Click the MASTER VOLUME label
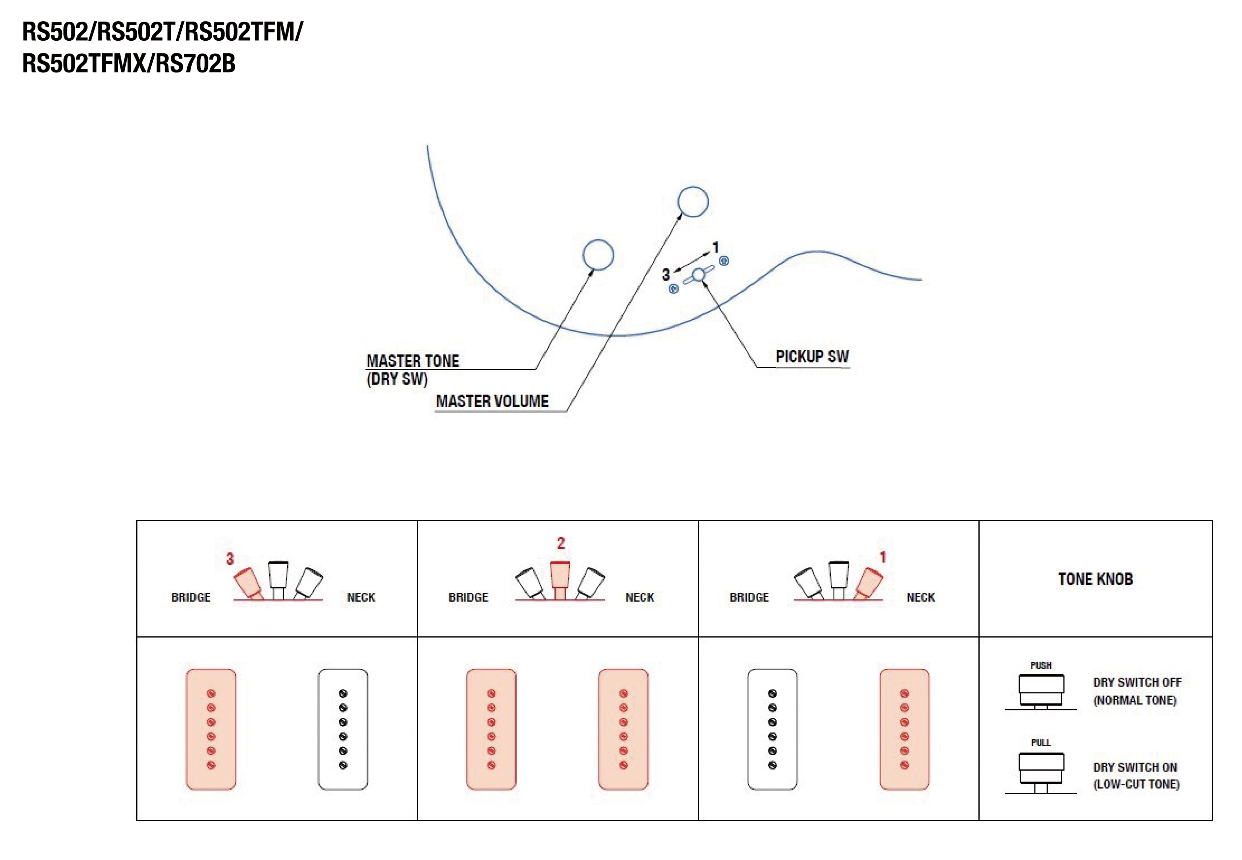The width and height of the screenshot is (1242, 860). (x=492, y=401)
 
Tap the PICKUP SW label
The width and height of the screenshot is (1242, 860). (x=812, y=357)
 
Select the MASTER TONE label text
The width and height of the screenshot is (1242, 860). (x=413, y=361)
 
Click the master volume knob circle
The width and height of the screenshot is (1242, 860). (x=692, y=201)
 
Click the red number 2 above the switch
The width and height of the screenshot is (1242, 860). (x=560, y=543)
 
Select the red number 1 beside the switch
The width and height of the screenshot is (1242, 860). (x=883, y=557)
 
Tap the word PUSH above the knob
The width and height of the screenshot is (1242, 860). (x=1041, y=666)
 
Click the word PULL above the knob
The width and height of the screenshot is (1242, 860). (x=1041, y=743)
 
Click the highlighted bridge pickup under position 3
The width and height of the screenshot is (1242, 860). (x=211, y=729)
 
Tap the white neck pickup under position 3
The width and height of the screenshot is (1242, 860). (x=343, y=729)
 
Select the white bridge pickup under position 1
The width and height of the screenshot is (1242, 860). (x=772, y=729)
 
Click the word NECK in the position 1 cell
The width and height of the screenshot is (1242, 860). (x=920, y=598)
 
